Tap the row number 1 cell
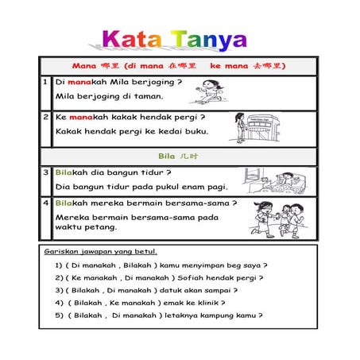click(x=46, y=81)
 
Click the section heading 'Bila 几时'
click(x=178, y=157)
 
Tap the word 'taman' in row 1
click(x=149, y=97)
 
